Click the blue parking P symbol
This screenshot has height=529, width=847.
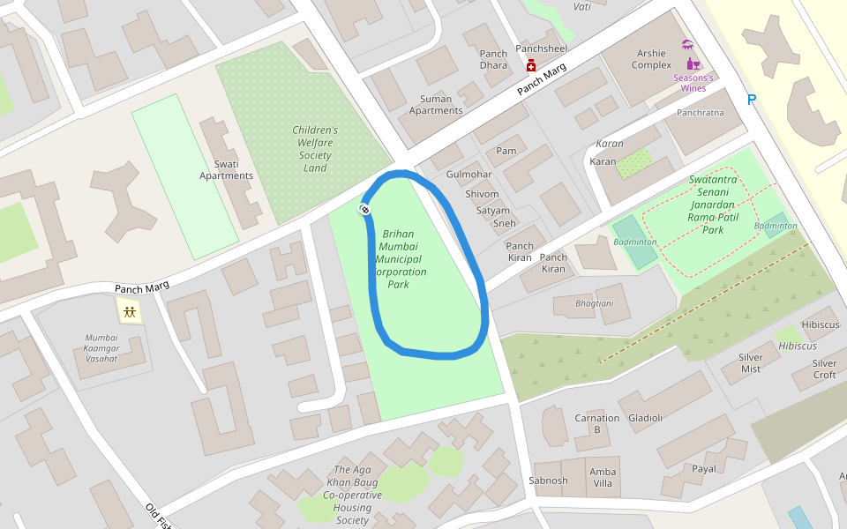752,101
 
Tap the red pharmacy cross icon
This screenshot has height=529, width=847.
531,66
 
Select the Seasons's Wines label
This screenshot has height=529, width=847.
693,83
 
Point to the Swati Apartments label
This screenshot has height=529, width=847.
226,169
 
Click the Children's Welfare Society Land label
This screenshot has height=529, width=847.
315,149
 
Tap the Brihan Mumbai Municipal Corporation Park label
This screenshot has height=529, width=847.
399,259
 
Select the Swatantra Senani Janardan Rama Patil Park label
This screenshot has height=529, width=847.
713,205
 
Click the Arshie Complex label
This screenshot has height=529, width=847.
652,59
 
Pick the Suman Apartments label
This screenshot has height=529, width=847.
436,105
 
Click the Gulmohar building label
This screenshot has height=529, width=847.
468,175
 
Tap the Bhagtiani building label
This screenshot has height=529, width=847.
594,302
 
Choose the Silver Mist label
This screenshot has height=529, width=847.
750,362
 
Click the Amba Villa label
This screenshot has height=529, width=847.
603,478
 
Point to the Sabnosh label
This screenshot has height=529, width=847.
548,481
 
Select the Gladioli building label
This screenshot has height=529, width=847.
645,418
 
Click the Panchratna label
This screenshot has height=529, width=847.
700,113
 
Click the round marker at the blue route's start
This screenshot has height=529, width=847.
364,209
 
